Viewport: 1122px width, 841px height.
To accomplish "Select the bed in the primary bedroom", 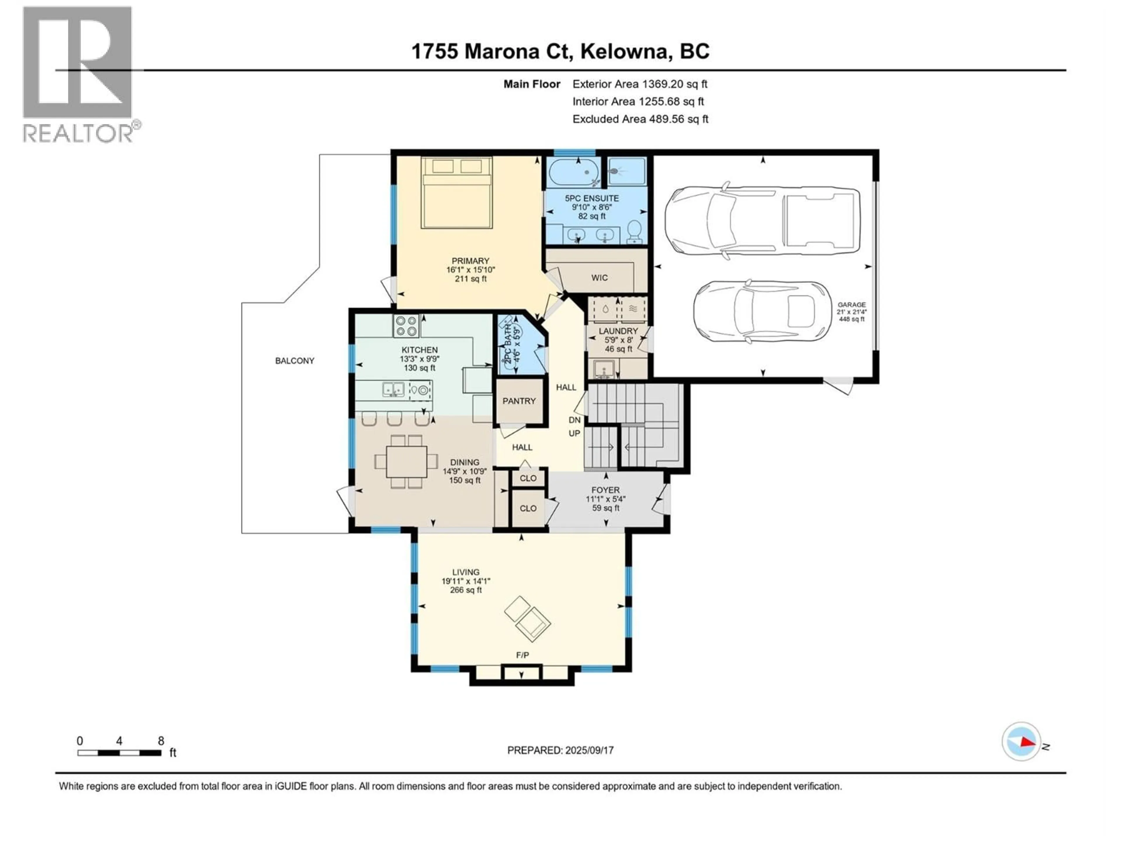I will (x=456, y=193).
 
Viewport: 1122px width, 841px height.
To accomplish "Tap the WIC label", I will (x=599, y=278).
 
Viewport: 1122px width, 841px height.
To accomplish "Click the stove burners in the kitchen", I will (x=406, y=326).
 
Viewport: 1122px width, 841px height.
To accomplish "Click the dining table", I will (x=406, y=461).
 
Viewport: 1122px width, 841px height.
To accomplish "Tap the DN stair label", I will (x=574, y=420).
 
